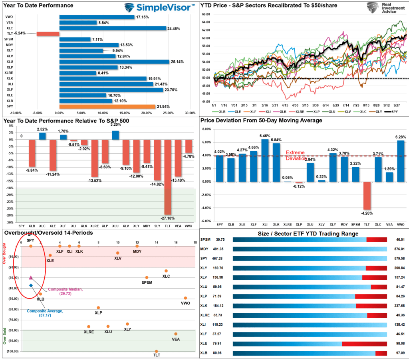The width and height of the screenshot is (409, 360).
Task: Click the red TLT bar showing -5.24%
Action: [48, 34]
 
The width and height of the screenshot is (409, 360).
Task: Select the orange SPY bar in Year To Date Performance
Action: [107, 107]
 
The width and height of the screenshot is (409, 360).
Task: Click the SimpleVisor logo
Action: [159, 7]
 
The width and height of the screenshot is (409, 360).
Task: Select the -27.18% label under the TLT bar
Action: [168, 218]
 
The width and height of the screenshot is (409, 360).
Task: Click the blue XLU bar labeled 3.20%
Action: [115, 135]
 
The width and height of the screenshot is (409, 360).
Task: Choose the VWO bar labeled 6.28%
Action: [401, 161]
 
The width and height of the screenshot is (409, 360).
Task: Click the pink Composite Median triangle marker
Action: [31, 277]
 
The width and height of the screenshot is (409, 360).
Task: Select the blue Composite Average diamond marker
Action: [31, 285]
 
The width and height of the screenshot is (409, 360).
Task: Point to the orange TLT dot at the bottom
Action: [157, 351]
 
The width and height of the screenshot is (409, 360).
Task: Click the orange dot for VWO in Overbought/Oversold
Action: [185, 298]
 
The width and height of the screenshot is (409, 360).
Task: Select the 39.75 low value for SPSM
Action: [219, 239]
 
